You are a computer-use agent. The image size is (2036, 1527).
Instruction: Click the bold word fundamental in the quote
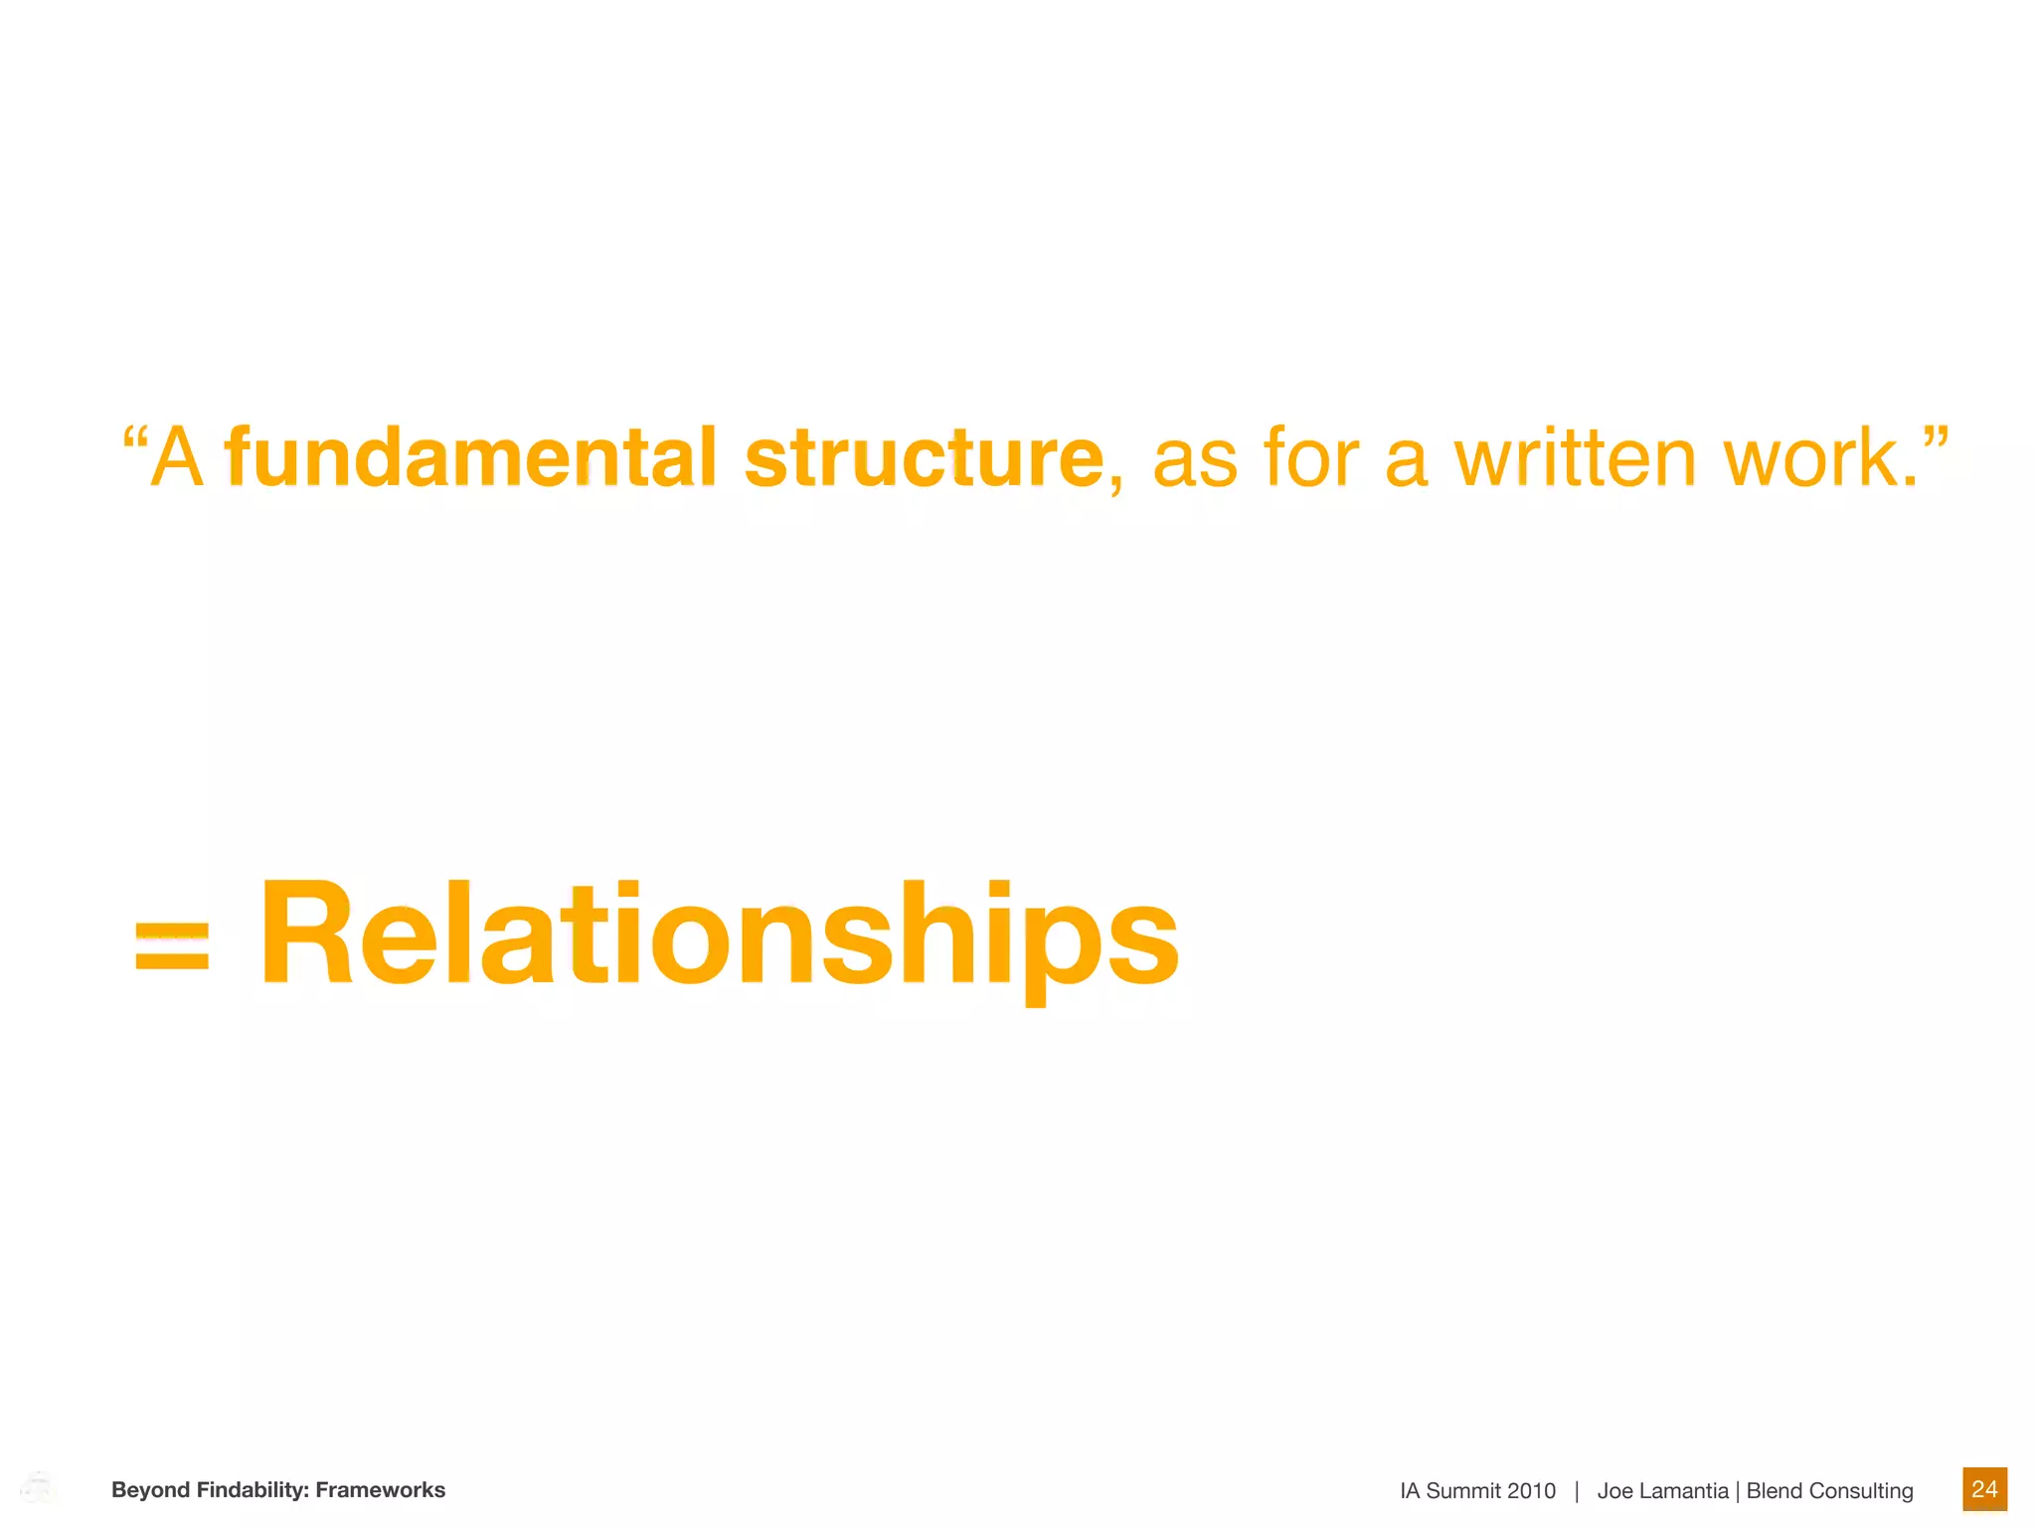[x=470, y=458]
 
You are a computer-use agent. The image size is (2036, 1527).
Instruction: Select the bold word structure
[x=924, y=458]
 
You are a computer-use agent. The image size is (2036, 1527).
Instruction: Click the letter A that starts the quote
[x=178, y=458]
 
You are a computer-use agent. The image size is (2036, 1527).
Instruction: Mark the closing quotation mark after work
[x=1935, y=438]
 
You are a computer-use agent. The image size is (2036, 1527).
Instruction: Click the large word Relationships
[x=719, y=935]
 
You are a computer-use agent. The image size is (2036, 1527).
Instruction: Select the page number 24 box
[x=1984, y=1489]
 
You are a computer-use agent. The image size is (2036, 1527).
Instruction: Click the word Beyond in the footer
[x=150, y=1490]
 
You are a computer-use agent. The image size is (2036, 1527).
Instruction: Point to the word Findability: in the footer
[x=253, y=1490]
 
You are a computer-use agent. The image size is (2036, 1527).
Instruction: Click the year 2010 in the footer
[x=1531, y=1491]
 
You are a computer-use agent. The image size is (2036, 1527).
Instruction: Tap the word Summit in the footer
[x=1462, y=1491]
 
